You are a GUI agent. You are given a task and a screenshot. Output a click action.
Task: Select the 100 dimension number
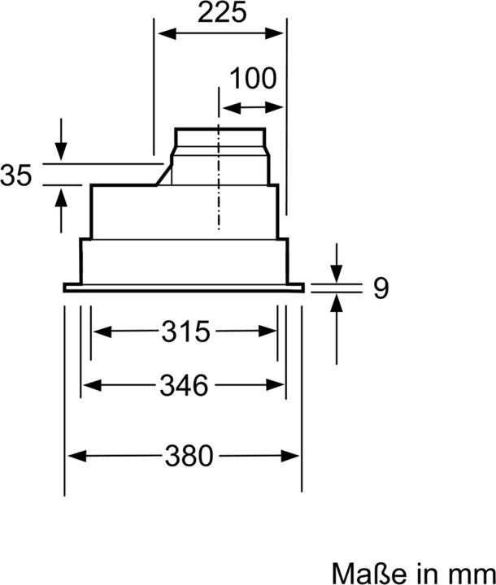[253, 79]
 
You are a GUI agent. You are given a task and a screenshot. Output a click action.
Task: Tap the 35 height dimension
[16, 175]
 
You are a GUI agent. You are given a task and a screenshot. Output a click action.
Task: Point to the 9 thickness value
[381, 288]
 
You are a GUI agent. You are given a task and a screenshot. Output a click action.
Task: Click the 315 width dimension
[185, 331]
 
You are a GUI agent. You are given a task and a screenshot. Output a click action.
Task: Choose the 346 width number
[184, 384]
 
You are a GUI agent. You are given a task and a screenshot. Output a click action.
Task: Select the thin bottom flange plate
[184, 287]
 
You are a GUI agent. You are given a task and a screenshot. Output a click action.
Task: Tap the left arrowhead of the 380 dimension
[72, 456]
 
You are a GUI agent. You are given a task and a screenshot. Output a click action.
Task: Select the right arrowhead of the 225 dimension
[279, 33]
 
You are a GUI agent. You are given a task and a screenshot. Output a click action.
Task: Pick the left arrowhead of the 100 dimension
[227, 106]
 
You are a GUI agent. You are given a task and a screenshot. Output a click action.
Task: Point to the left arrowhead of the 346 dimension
[87, 385]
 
